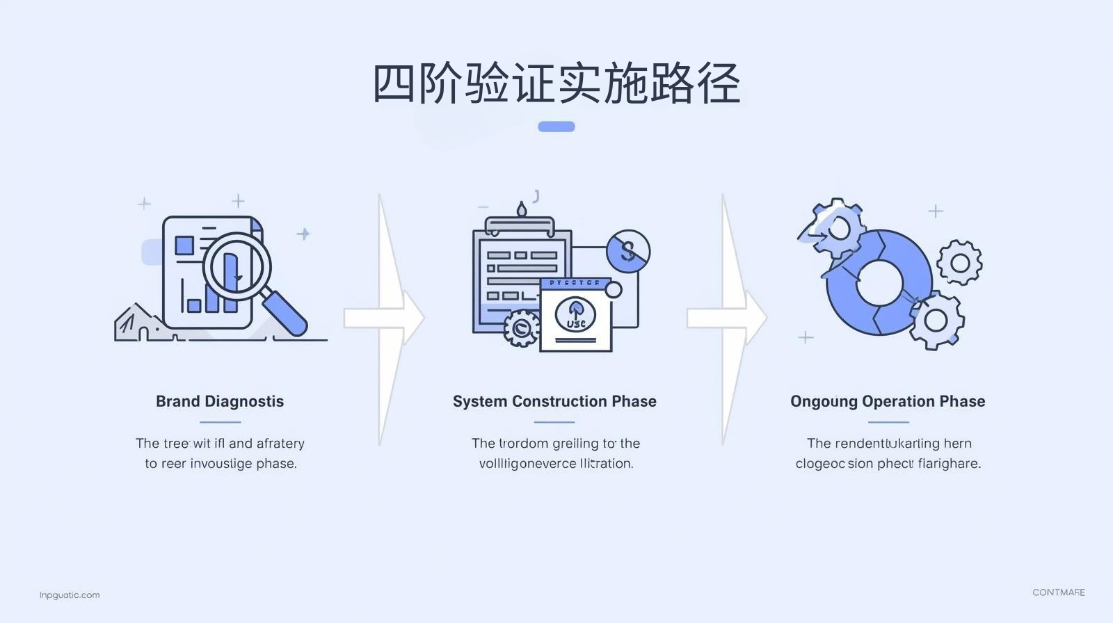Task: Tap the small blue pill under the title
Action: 556,127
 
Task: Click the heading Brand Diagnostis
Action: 220,401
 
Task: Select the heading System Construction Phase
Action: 554,401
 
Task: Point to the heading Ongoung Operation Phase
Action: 888,401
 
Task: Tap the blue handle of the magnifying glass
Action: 286,313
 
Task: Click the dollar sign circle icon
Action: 628,251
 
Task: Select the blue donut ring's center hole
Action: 879,283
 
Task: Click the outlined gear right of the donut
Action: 959,263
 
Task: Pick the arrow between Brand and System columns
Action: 384,318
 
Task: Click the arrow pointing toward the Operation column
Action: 727,318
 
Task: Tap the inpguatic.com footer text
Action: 70,595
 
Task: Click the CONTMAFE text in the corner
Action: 1058,592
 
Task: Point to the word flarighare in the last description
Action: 949,464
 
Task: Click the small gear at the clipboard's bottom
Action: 520,327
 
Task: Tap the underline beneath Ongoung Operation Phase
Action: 888,422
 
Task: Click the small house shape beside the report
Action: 136,324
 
